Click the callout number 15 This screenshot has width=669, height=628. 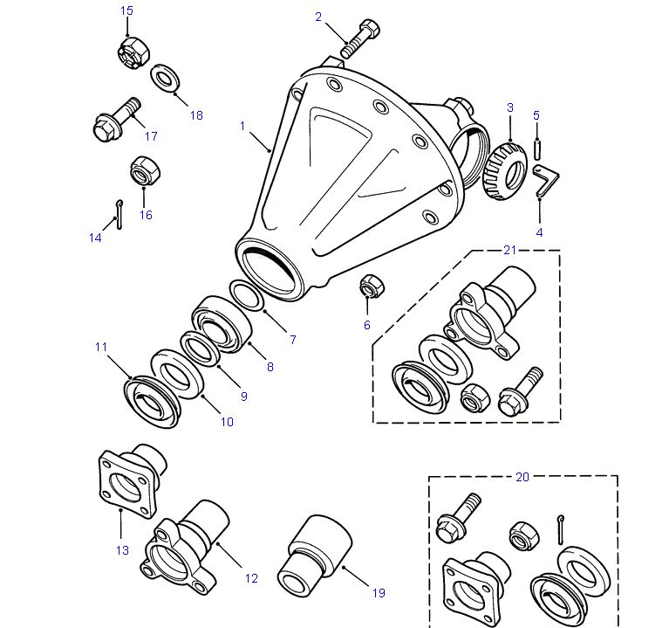126,10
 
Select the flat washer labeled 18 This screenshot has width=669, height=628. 165,79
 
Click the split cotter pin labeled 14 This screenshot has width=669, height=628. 119,214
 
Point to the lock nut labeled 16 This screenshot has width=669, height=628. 146,170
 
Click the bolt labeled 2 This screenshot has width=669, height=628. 361,39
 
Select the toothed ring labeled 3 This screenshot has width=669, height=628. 505,171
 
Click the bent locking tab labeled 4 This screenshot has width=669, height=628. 546,180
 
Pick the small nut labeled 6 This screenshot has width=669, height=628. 372,286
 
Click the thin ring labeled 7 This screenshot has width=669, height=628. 247,294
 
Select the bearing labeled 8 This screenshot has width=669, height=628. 221,324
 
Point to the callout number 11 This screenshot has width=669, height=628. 100,347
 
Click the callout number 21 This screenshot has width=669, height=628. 510,250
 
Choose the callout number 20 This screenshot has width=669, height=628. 522,477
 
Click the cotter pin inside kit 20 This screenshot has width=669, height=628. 561,530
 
